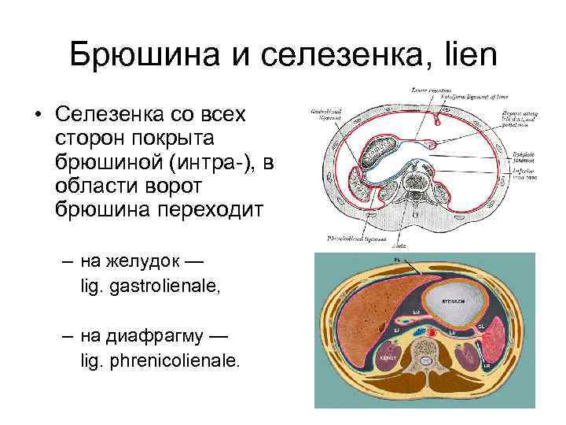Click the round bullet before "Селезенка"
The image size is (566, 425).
[38, 116]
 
